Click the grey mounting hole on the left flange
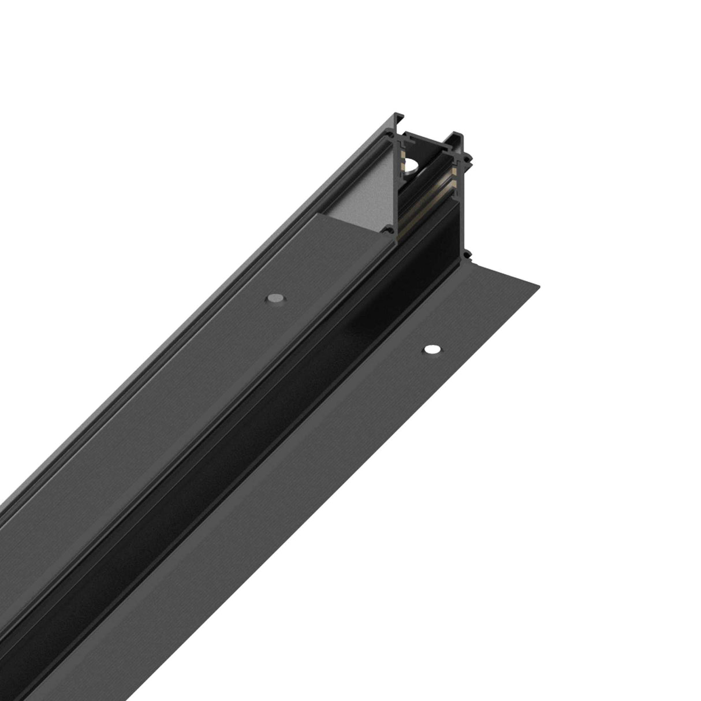(275, 298)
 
